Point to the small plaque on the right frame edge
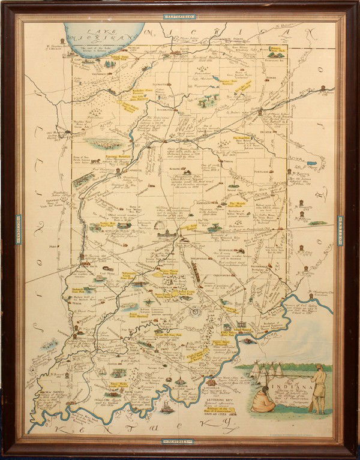340,230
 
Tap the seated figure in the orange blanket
263,399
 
